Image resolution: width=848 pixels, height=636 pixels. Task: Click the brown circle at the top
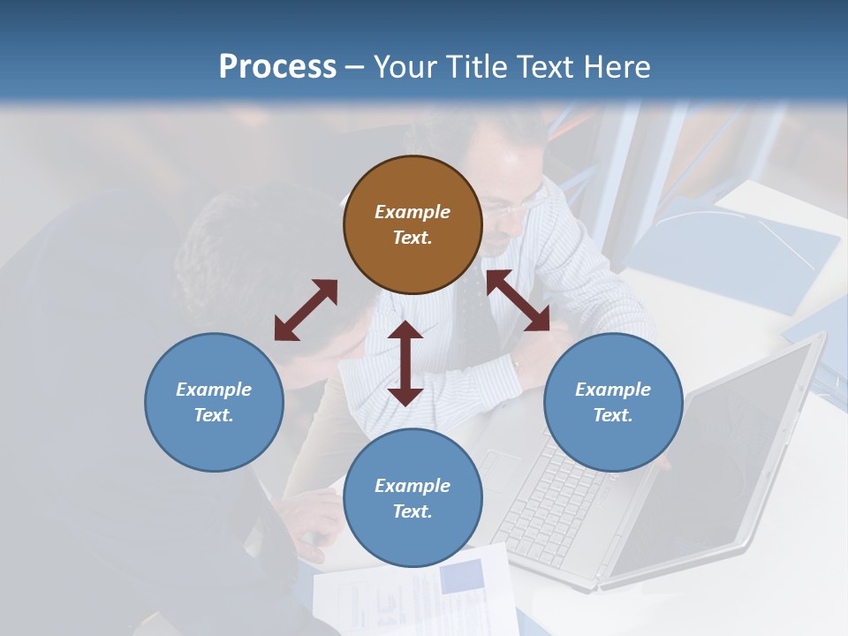pyautogui.click(x=413, y=224)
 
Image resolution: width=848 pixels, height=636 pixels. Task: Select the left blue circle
pyautogui.click(x=214, y=402)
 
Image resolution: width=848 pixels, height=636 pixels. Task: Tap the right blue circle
pyautogui.click(x=613, y=402)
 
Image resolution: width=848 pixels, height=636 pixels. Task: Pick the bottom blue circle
pyautogui.click(x=413, y=498)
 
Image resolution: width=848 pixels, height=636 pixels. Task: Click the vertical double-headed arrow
pyautogui.click(x=405, y=363)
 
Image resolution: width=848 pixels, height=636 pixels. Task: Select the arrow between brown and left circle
pyautogui.click(x=306, y=310)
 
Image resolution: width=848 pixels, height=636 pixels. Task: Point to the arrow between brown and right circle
pyautogui.click(x=519, y=301)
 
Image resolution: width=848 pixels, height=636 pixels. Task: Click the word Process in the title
pyautogui.click(x=277, y=66)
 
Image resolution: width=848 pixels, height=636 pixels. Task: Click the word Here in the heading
pyautogui.click(x=615, y=66)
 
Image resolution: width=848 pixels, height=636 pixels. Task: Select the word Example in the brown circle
pyautogui.click(x=413, y=212)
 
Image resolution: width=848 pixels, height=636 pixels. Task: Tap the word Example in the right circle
pyautogui.click(x=613, y=390)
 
